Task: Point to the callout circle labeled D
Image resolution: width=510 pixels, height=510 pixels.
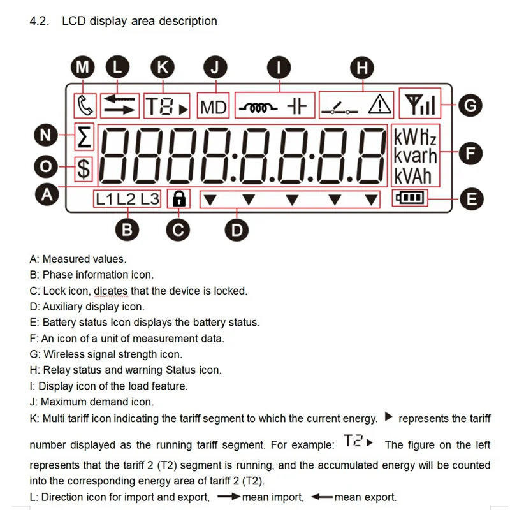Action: point(237,229)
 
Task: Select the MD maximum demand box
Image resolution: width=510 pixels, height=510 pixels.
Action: point(213,106)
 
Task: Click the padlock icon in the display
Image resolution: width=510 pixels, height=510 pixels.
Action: point(179,200)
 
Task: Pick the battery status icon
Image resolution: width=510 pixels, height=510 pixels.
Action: point(410,198)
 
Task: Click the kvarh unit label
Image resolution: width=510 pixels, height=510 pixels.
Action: point(415,156)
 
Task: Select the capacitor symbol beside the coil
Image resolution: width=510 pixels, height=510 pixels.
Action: point(297,106)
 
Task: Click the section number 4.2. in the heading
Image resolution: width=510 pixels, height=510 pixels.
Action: point(40,21)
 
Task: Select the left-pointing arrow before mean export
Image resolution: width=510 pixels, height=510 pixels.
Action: point(322,497)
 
